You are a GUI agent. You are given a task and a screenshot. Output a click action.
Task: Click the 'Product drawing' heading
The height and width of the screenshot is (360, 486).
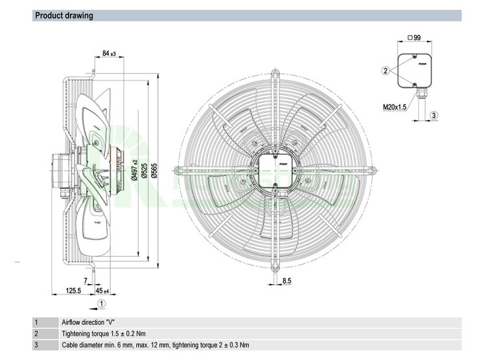click(64, 16)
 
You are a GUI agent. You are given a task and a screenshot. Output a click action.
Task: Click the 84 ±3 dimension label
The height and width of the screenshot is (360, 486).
click(108, 53)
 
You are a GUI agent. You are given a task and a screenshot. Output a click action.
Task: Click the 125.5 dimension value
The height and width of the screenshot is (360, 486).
click(74, 291)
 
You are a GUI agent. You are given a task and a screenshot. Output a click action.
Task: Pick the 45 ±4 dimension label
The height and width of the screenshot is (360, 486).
click(102, 291)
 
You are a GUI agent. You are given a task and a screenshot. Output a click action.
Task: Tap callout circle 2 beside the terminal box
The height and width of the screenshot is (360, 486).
click(386, 70)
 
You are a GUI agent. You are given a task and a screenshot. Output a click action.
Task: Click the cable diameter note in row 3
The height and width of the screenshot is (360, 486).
click(155, 345)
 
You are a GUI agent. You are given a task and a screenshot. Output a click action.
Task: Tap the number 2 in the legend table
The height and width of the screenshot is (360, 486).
click(36, 333)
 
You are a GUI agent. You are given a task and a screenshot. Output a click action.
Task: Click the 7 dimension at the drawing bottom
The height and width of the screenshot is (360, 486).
click(86, 280)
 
